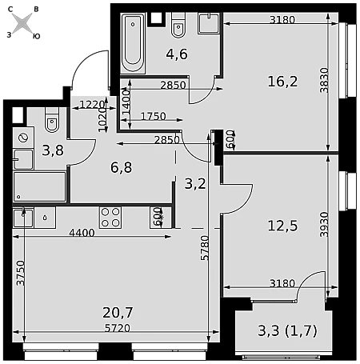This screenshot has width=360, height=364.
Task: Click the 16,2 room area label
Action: pyautogui.click(x=282, y=82)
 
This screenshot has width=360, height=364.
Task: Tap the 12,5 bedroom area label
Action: pyautogui.click(x=282, y=226)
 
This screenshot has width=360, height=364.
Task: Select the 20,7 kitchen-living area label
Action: pyautogui.click(x=118, y=313)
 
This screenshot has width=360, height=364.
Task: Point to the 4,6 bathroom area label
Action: pyautogui.click(x=177, y=54)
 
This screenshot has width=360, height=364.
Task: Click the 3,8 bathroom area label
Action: pyautogui.click(x=53, y=150)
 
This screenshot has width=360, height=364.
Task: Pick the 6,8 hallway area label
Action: pyautogui.click(x=122, y=168)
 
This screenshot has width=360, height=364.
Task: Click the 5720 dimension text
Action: pyautogui.click(x=118, y=328)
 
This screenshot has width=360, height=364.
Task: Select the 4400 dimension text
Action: pyautogui.click(x=82, y=233)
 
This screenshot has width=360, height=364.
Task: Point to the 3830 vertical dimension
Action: pyautogui.click(x=324, y=80)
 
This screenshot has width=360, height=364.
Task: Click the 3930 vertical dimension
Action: pyautogui.click(x=324, y=225)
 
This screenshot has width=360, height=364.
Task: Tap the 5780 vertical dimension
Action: pyautogui.click(x=205, y=248)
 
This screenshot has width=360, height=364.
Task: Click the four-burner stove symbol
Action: pyautogui.click(x=110, y=218)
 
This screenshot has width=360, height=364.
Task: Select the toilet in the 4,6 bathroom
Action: pyautogui.click(x=178, y=25)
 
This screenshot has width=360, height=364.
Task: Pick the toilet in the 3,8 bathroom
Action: pyautogui.click(x=52, y=120)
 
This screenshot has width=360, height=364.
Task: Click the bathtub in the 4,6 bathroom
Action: pyautogui.click(x=133, y=43)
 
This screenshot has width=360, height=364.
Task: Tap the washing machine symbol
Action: pyautogui.click(x=23, y=138)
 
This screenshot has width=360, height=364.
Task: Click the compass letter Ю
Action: pyautogui.click(x=36, y=36)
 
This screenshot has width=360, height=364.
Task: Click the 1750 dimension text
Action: pyautogui.click(x=154, y=116)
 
